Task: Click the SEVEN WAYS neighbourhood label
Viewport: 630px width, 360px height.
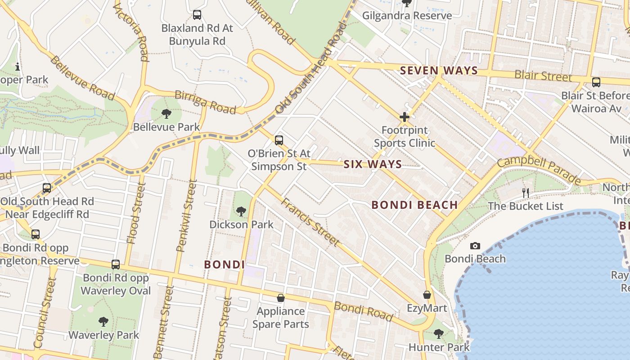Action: tap(439, 71)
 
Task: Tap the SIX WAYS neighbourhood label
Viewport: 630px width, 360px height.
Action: tap(373, 164)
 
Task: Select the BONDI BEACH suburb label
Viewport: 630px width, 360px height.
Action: tap(414, 205)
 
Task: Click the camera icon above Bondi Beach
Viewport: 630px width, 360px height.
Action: tap(475, 246)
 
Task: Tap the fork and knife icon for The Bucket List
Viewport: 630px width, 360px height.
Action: tap(525, 193)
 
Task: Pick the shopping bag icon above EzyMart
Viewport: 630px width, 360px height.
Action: tap(427, 295)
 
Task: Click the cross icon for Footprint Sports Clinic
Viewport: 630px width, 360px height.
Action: tap(405, 117)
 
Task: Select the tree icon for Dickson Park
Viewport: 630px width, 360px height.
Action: tap(241, 211)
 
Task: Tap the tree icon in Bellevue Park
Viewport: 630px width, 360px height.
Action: tap(166, 114)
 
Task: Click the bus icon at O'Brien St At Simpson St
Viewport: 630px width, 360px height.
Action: tap(279, 140)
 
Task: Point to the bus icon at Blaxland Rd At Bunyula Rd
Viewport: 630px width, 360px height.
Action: tap(197, 15)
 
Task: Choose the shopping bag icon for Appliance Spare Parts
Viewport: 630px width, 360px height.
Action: tap(281, 298)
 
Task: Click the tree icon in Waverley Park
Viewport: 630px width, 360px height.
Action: tap(103, 322)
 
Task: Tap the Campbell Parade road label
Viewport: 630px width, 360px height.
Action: tap(539, 170)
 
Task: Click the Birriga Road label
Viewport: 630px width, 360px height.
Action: tap(205, 102)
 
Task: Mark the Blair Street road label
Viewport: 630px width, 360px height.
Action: tap(544, 76)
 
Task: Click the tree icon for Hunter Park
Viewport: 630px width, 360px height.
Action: tap(439, 334)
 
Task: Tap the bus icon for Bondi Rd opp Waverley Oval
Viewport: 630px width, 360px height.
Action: tap(116, 265)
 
